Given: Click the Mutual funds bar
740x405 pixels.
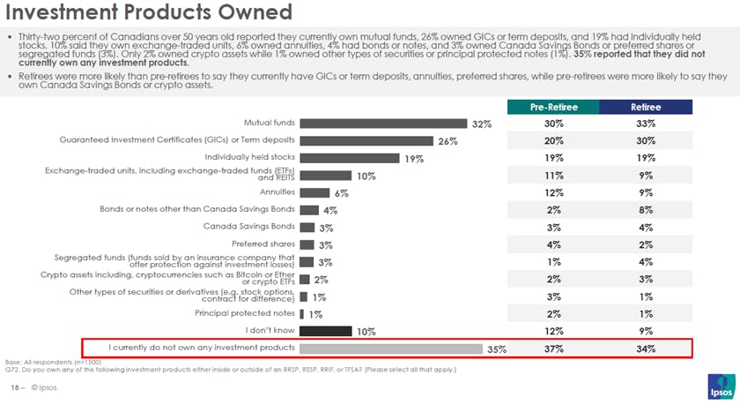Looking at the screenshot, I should [x=383, y=124].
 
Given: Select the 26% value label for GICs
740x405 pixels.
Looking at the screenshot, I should [x=448, y=141].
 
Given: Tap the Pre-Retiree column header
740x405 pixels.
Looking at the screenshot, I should [x=553, y=107].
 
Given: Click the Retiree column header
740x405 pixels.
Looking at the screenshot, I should [x=646, y=107].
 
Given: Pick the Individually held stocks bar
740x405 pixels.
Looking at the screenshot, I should [x=351, y=158].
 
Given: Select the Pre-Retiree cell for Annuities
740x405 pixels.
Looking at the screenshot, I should [x=553, y=192].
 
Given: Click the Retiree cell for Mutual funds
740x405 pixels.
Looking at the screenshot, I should [x=646, y=124].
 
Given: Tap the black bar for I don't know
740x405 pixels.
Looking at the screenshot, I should [x=325, y=331].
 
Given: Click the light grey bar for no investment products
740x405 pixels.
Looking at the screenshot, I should [x=391, y=349].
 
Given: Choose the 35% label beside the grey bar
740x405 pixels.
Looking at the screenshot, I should [x=497, y=349].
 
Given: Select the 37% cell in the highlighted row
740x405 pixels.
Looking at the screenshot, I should [x=553, y=349].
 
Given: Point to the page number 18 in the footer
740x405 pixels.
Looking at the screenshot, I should [x=14, y=387].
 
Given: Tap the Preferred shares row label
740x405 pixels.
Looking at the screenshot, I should [x=263, y=244].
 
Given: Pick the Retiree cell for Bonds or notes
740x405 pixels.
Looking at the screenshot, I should [x=646, y=210].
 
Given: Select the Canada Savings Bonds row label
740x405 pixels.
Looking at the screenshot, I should [x=249, y=227].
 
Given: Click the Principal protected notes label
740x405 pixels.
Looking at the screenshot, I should [x=245, y=313].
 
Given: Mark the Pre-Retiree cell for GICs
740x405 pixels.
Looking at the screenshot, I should [x=553, y=141].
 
